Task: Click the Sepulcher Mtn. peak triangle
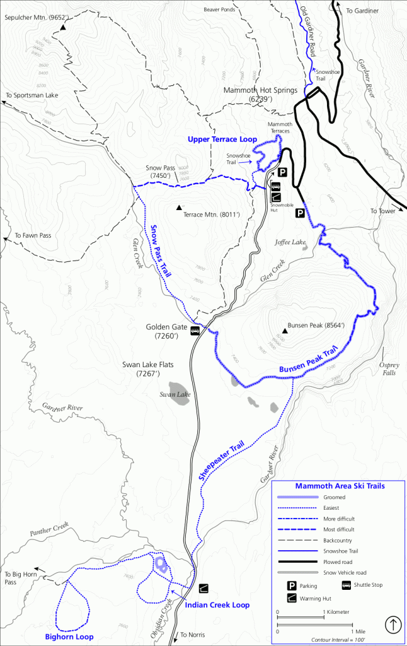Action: click(63, 27)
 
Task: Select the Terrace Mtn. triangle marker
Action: click(179, 208)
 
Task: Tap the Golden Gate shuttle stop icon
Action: click(195, 330)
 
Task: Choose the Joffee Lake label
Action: click(289, 242)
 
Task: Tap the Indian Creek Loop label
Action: click(217, 605)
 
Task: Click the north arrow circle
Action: click(393, 625)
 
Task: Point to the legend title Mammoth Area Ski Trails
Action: click(340, 486)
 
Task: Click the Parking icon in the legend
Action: click(292, 585)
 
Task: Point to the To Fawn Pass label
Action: click(32, 235)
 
